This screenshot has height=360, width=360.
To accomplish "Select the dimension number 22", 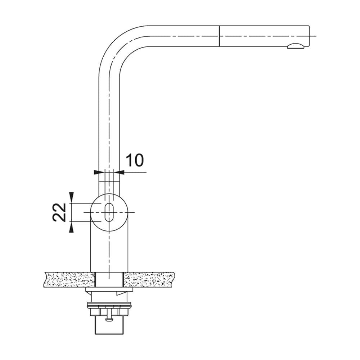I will click(x=59, y=212).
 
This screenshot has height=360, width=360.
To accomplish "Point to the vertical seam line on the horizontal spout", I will click(x=219, y=36).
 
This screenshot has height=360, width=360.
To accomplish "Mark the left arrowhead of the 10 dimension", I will click(x=96, y=172).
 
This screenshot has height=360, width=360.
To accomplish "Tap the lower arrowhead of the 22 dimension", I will click(x=71, y=227).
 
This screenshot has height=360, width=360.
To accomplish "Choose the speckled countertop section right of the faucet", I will click(x=149, y=280).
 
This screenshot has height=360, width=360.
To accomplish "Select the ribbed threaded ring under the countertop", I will click(x=109, y=306).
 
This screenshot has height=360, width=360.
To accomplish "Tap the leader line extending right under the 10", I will click(x=135, y=172).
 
